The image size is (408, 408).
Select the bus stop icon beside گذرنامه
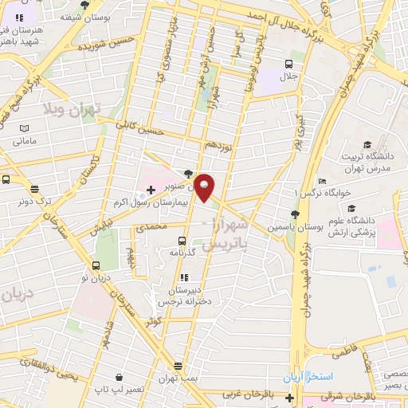coord(182,240)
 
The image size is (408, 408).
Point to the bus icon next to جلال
coord(288,65)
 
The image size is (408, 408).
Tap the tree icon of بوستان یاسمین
coord(296,214)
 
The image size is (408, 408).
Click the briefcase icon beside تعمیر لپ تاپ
coord(119,377)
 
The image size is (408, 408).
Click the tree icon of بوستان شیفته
coord(84,5)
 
